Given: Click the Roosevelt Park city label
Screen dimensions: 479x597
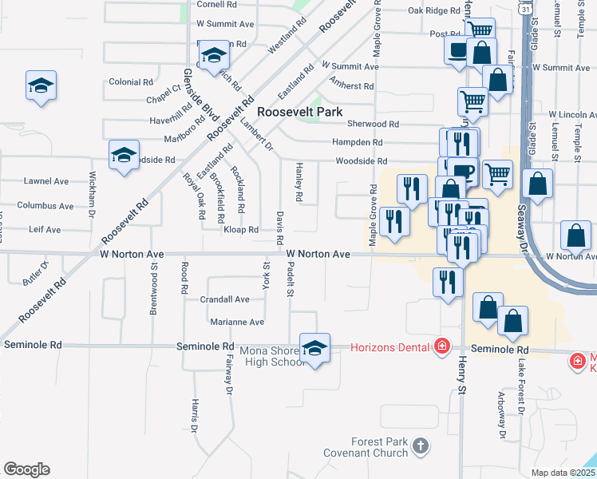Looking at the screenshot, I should [299, 113].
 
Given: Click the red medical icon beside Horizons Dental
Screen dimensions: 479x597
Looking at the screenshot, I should [441, 346].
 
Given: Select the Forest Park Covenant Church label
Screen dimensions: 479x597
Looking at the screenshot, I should [367, 447].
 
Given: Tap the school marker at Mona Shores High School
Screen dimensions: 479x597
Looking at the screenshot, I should [315, 348].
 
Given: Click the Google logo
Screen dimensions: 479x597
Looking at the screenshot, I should [26, 469].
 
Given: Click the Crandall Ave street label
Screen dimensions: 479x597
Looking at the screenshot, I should [225, 299].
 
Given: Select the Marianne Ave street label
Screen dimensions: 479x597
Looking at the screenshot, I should [237, 322].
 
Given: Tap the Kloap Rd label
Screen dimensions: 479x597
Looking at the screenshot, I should [241, 229].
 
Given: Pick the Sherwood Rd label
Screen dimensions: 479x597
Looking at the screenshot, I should [373, 124].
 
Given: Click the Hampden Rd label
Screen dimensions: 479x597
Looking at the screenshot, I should [357, 142].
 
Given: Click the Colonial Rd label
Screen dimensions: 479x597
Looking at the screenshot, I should [131, 81].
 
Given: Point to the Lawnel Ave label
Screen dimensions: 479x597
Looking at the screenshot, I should [46, 181].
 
